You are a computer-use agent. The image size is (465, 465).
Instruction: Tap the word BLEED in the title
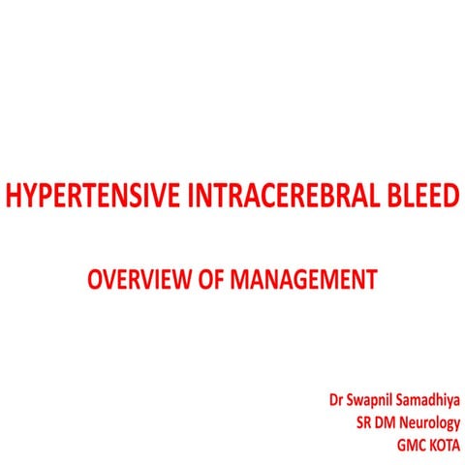pyautogui.click(x=418, y=200)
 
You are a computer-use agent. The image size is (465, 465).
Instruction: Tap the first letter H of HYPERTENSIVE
pyautogui.click(x=13, y=200)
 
